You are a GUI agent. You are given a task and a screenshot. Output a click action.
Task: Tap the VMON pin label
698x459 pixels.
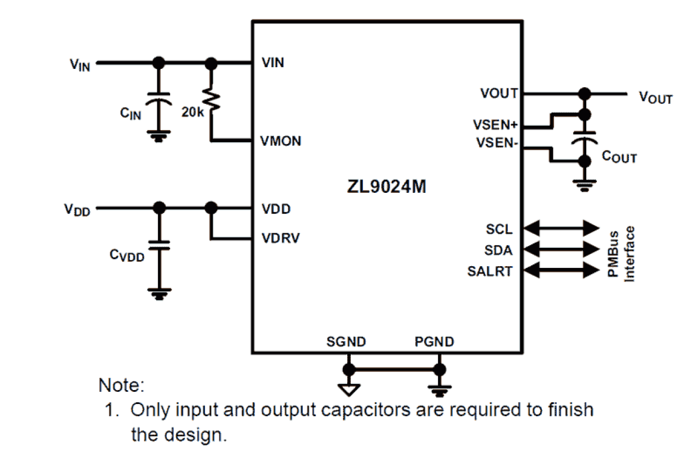tap(281, 141)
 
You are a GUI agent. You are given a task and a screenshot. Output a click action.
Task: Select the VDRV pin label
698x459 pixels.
tap(281, 238)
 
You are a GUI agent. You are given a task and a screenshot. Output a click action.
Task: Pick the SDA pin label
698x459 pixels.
tap(498, 251)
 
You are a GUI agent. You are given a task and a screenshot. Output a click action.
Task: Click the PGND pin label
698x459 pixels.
tap(434, 341)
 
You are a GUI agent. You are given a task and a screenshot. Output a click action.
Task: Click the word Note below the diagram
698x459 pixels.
tap(122, 385)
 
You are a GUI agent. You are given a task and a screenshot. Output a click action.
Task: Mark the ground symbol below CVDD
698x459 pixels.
tap(159, 293)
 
